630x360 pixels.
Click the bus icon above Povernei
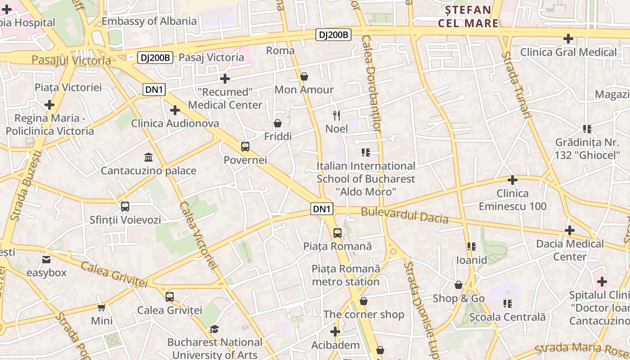(x=245, y=146)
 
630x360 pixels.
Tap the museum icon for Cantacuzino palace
(x=148, y=157)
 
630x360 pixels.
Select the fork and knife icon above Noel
(x=337, y=115)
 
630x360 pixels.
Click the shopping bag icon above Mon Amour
(x=304, y=76)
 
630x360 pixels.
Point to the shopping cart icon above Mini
(x=102, y=308)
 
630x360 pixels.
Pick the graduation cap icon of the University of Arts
(x=215, y=329)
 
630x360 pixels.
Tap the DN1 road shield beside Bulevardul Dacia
(x=322, y=209)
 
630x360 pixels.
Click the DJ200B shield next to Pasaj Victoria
(x=155, y=58)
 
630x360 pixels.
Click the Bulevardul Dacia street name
(x=405, y=216)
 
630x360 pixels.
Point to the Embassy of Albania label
(x=149, y=21)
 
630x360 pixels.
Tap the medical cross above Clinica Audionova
(x=175, y=110)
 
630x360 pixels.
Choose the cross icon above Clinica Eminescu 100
(x=512, y=180)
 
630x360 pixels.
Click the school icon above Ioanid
(x=472, y=247)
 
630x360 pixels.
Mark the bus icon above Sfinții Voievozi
(x=125, y=207)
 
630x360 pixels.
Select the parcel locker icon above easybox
(x=46, y=260)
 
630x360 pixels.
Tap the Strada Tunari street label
(x=516, y=85)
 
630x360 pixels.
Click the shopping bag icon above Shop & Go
(x=459, y=285)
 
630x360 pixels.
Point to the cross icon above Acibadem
(x=335, y=332)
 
